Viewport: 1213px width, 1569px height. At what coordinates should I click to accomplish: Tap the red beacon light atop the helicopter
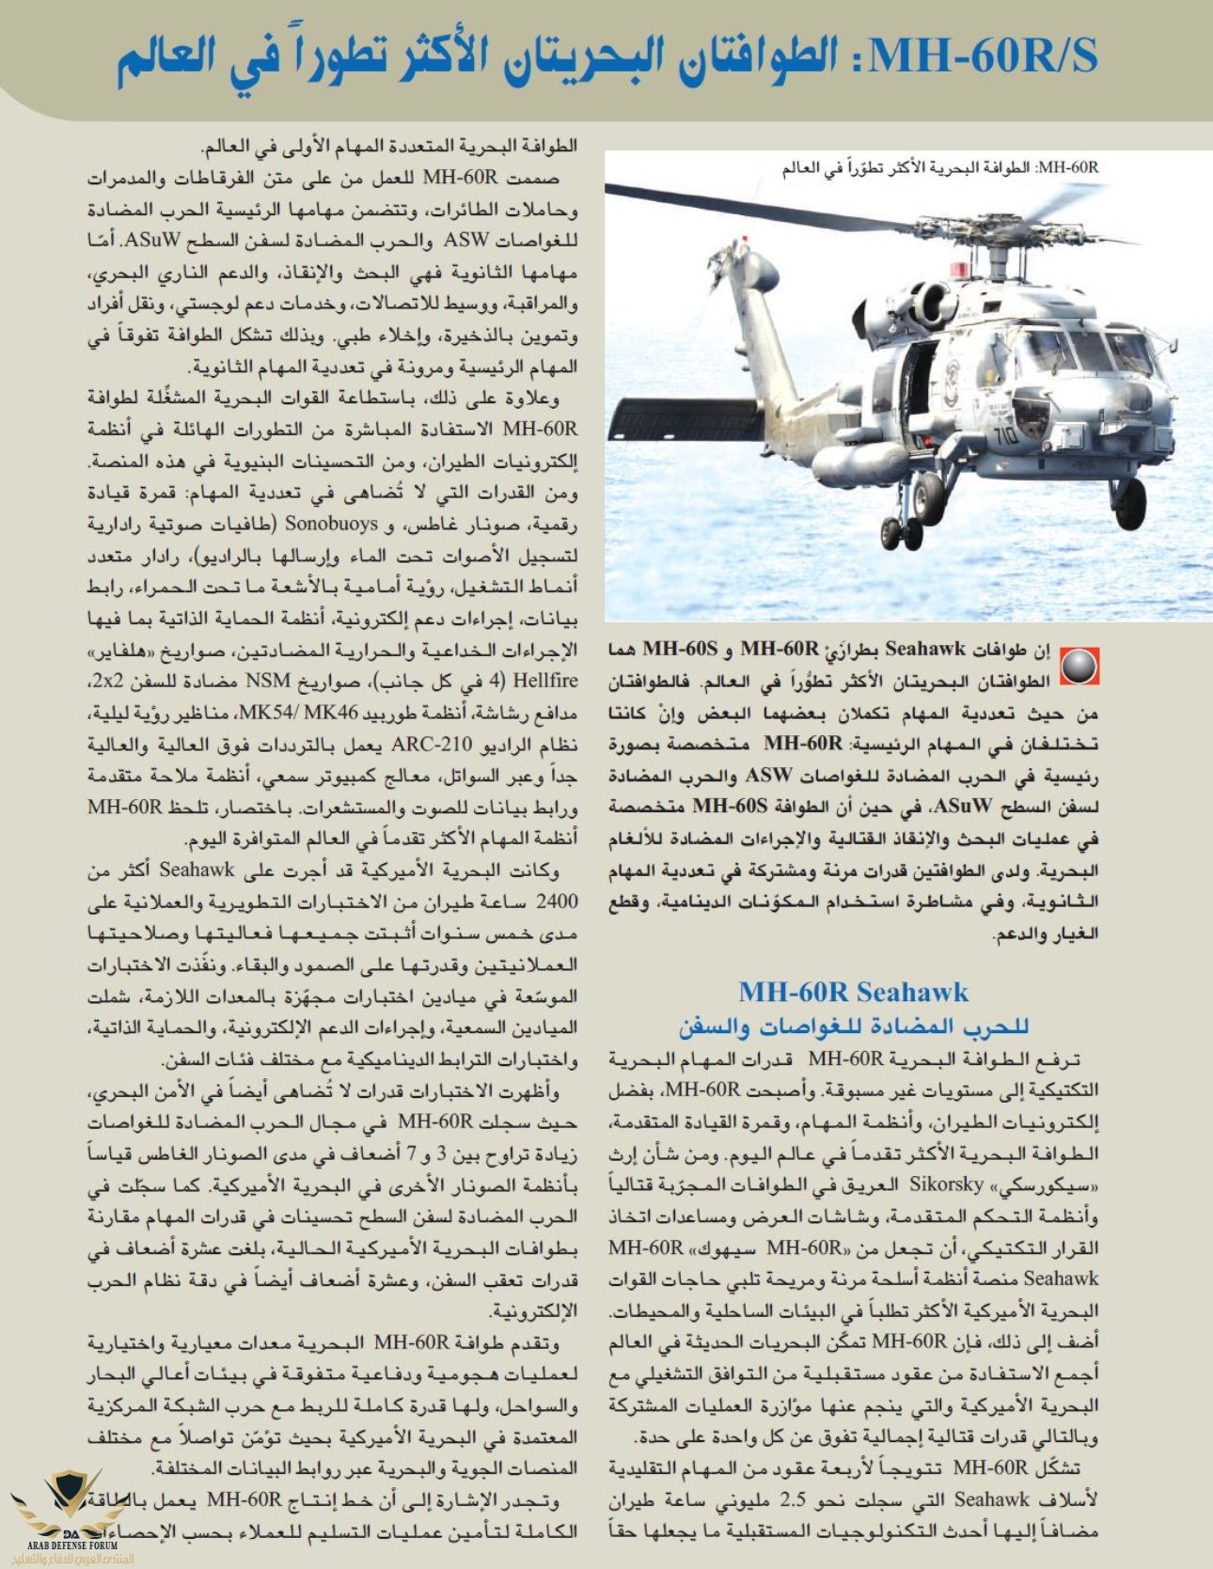tap(958, 271)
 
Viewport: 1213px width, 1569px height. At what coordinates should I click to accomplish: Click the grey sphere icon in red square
tap(1079, 666)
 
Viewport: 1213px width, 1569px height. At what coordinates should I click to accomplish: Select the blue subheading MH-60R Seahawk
tap(853, 992)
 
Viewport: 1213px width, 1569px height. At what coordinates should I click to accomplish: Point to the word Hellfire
tap(545, 681)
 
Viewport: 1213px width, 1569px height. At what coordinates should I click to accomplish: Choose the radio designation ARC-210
tap(432, 745)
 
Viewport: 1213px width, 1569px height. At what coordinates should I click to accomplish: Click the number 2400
tap(557, 902)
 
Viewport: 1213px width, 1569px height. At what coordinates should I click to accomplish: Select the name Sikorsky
tap(947, 1185)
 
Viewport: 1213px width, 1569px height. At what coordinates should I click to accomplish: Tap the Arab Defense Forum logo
tap(71, 1514)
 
